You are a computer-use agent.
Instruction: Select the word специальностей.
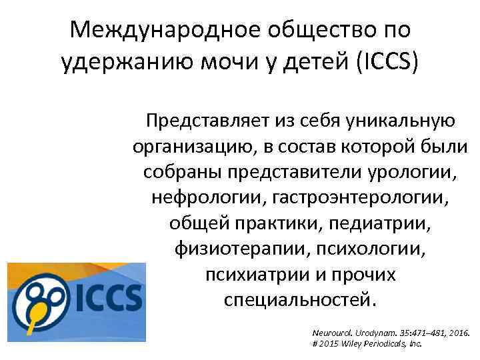(x=300, y=299)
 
